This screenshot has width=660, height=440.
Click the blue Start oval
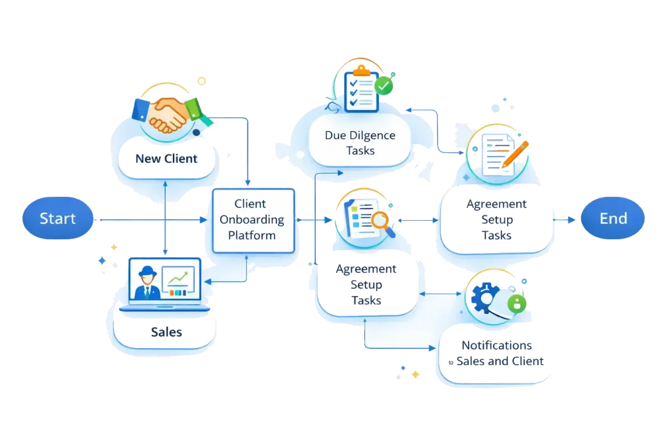(x=57, y=219)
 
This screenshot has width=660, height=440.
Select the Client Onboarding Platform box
(x=253, y=220)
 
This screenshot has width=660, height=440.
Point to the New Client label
(x=166, y=159)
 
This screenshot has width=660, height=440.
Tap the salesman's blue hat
(x=147, y=271)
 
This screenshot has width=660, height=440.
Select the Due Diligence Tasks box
(x=360, y=142)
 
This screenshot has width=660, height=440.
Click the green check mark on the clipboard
(x=384, y=86)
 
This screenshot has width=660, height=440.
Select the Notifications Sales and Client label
(x=497, y=353)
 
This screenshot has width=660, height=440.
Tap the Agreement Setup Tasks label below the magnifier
(x=366, y=285)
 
